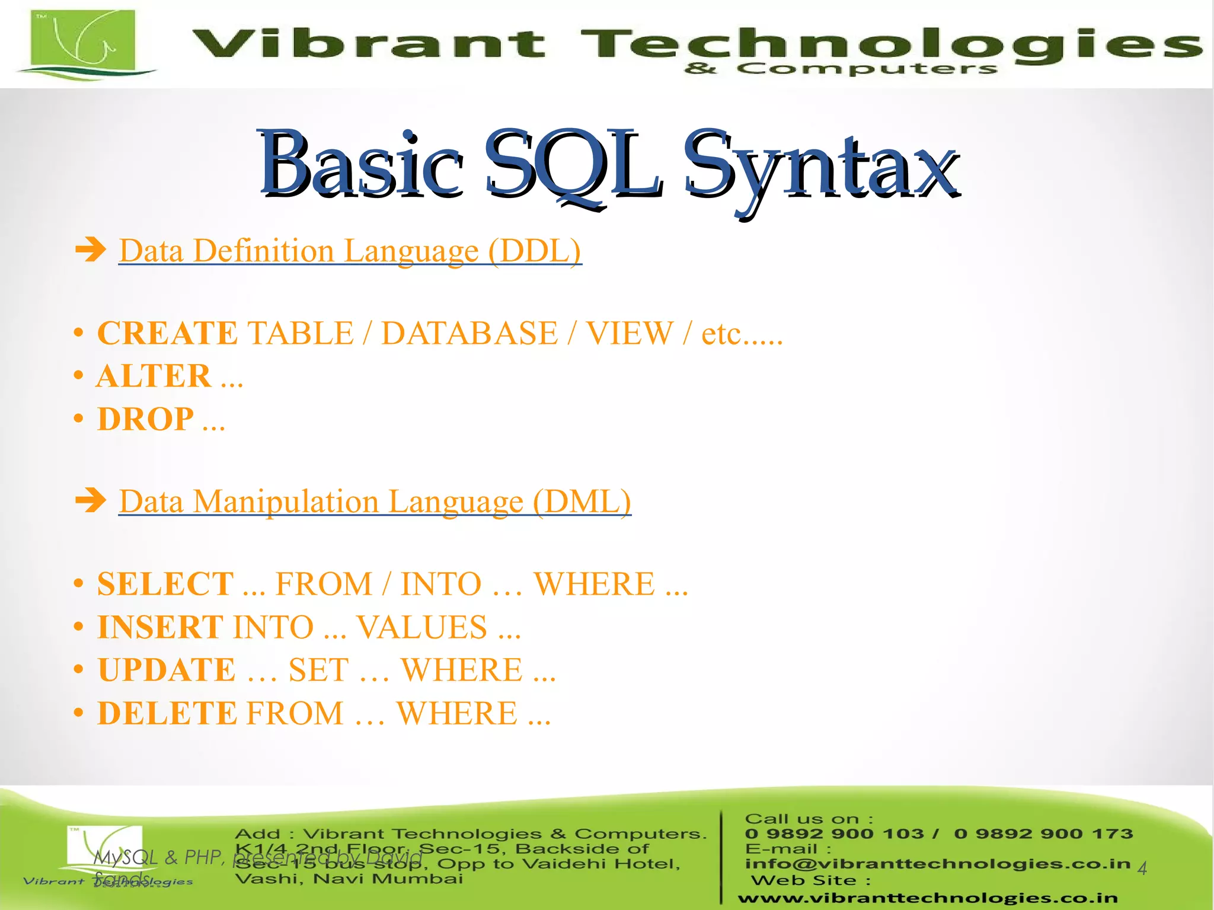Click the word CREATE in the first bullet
pyautogui.click(x=167, y=333)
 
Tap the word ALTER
pyautogui.click(x=154, y=376)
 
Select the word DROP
pyautogui.click(x=145, y=420)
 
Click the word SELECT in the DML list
pyautogui.click(x=165, y=584)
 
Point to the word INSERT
pyautogui.click(x=160, y=627)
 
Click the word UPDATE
pyautogui.click(x=167, y=670)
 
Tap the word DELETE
pyautogui.click(x=167, y=713)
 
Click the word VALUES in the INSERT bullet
pyautogui.click(x=421, y=627)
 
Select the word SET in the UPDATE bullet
pyautogui.click(x=318, y=670)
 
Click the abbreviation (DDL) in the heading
pyautogui.click(x=535, y=251)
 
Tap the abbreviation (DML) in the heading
pyautogui.click(x=582, y=502)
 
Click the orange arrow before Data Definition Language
pyautogui.click(x=91, y=250)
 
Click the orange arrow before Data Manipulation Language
pyautogui.click(x=91, y=500)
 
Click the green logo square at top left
pyautogui.click(x=83, y=40)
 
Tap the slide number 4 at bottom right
pyautogui.click(x=1142, y=869)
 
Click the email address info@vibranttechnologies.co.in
pyautogui.click(x=937, y=864)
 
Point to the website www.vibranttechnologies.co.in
pyautogui.click(x=928, y=898)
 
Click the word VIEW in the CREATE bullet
pyautogui.click(x=630, y=333)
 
